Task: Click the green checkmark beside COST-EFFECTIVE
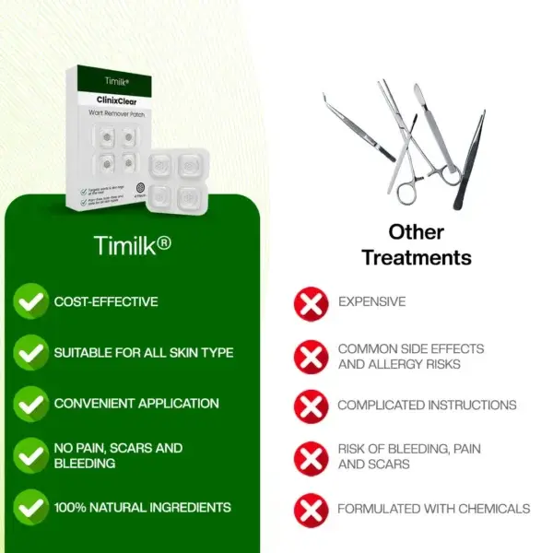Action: pyautogui.click(x=32, y=300)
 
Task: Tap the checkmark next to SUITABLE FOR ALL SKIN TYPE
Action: pyautogui.click(x=32, y=352)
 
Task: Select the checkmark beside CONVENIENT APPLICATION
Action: pyautogui.click(x=32, y=403)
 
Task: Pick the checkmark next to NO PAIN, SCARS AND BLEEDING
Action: pyautogui.click(x=32, y=454)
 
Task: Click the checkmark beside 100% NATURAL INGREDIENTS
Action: pyautogui.click(x=32, y=507)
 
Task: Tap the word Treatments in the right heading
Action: pyautogui.click(x=417, y=257)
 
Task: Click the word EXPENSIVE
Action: pyautogui.click(x=371, y=301)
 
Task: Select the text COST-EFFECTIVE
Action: pyautogui.click(x=106, y=301)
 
